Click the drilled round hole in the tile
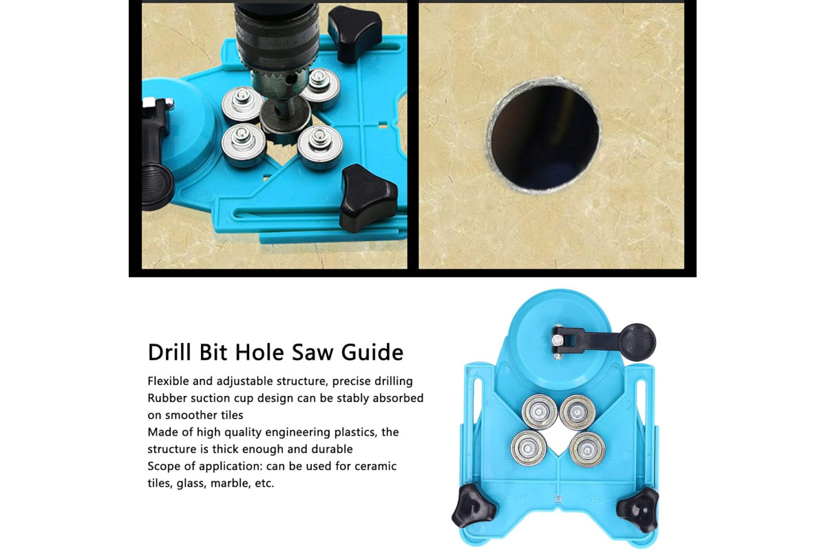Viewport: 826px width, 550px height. point(544,136)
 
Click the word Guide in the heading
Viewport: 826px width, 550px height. point(372,353)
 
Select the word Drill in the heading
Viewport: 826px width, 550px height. point(169,352)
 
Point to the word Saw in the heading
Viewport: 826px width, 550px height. point(313,353)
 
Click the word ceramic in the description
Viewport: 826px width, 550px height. point(376,466)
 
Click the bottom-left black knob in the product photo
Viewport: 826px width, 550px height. point(473,505)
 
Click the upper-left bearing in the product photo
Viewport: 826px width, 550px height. point(539,412)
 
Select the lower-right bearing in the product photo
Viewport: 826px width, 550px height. point(587,450)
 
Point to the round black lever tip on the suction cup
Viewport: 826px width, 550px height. point(637,342)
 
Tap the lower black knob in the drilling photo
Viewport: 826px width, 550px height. point(368,199)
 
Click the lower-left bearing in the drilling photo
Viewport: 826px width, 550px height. point(244,145)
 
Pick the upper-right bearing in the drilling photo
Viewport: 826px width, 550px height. point(320,88)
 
